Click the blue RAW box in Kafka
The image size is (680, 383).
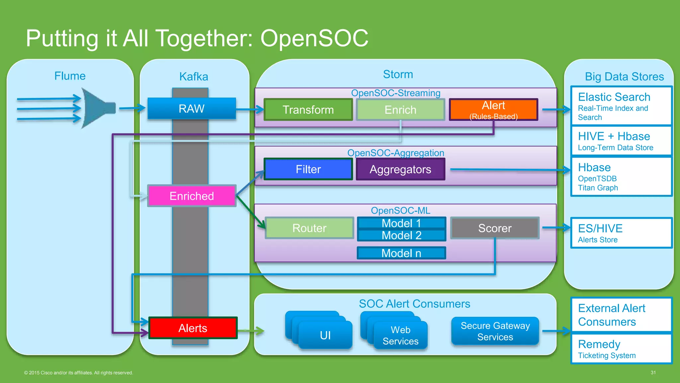(x=192, y=108)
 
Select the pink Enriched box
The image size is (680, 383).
(x=192, y=196)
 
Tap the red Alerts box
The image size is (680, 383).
(x=193, y=328)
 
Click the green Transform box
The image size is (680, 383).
(x=308, y=110)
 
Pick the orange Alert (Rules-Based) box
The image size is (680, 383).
(x=493, y=110)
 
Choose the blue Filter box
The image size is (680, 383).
(x=308, y=169)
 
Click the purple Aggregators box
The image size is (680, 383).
(x=400, y=169)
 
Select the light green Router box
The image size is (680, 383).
(x=309, y=228)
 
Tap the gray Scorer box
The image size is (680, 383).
(x=495, y=228)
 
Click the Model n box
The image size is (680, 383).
(x=401, y=253)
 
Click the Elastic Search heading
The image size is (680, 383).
(x=614, y=97)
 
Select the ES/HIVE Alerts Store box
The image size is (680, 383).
(x=621, y=233)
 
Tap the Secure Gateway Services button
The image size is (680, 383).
(x=495, y=331)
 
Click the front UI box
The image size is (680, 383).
(x=325, y=335)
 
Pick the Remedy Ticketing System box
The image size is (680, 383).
(x=621, y=349)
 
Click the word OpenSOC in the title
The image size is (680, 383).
(x=314, y=38)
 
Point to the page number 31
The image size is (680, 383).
(x=653, y=372)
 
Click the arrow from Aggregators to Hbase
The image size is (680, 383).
(x=508, y=170)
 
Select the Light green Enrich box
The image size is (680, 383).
(x=400, y=110)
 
